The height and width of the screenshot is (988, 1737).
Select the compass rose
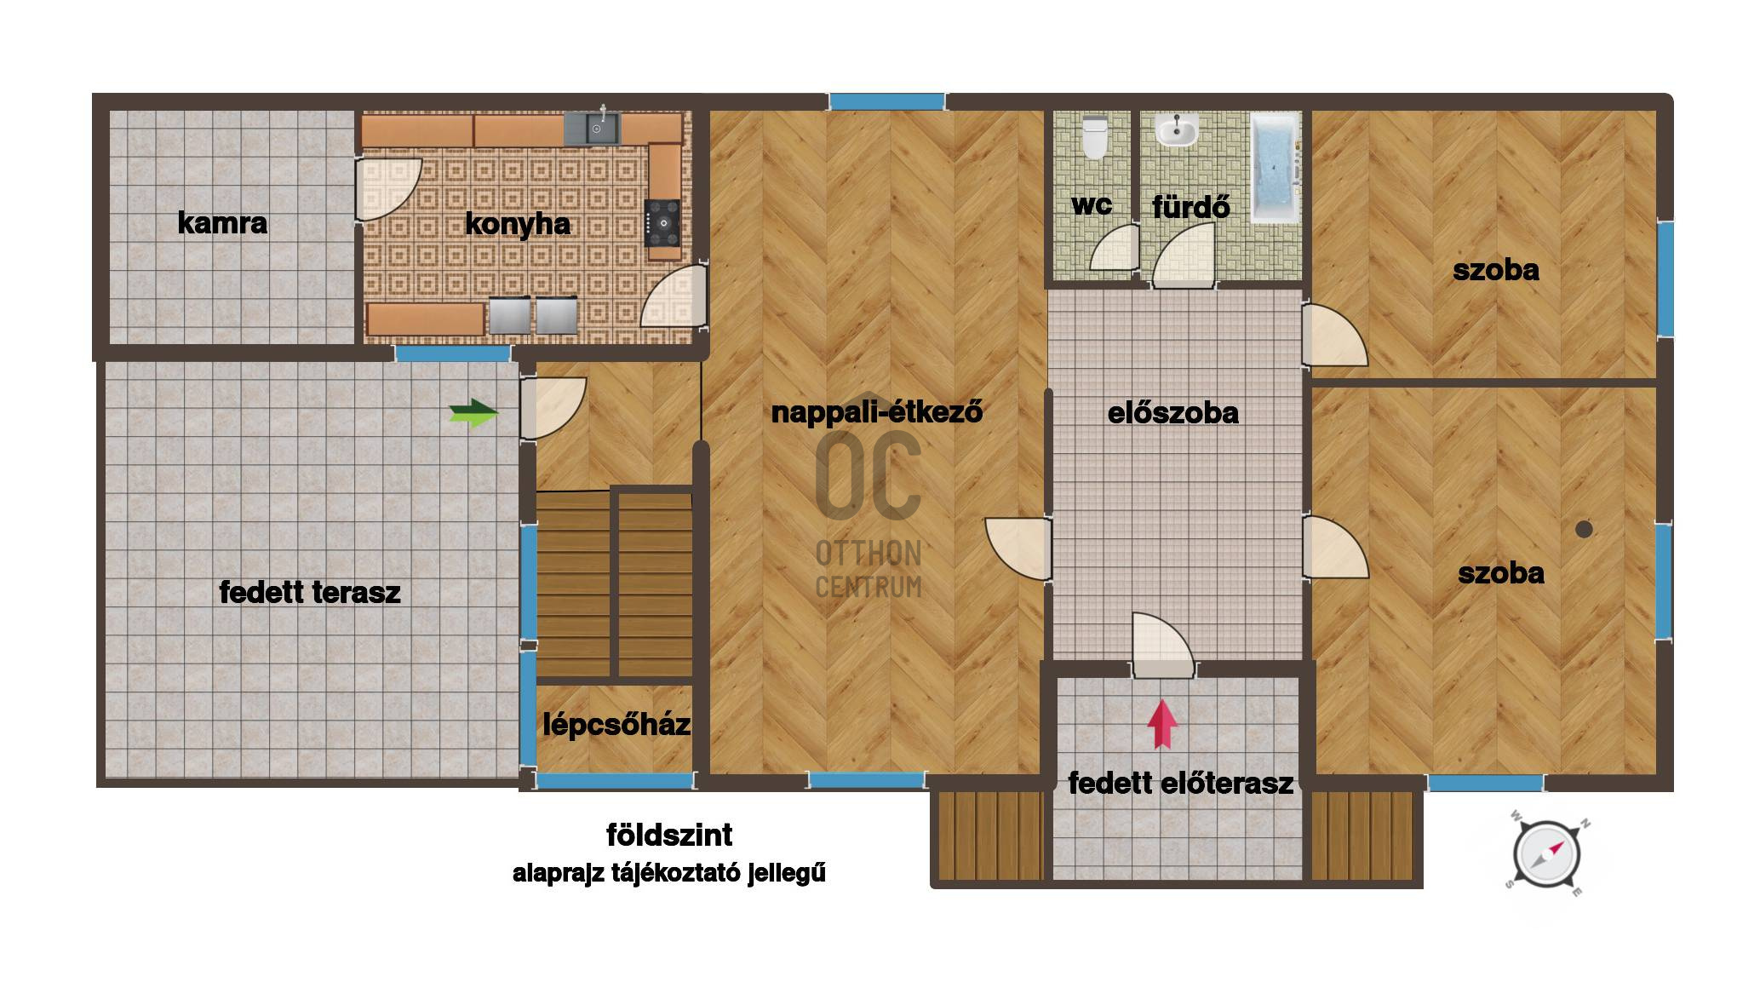pyautogui.click(x=1546, y=855)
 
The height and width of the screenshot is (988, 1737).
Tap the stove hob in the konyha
pyautogui.click(x=662, y=223)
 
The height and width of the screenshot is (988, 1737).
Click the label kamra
pyautogui.click(x=222, y=223)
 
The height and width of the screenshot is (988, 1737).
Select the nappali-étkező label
pyautogui.click(x=877, y=412)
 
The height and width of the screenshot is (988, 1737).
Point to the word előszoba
pyautogui.click(x=1172, y=413)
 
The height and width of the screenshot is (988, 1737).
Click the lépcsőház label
pyautogui.click(x=616, y=725)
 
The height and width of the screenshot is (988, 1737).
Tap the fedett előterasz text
pyautogui.click(x=1181, y=783)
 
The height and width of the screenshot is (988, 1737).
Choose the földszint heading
pyautogui.click(x=669, y=835)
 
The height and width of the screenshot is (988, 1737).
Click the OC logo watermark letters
pyautogui.click(x=868, y=475)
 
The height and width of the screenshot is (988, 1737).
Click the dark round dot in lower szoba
pyautogui.click(x=1584, y=529)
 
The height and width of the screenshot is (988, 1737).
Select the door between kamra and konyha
pyautogui.click(x=388, y=189)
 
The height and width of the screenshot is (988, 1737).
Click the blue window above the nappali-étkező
pyautogui.click(x=887, y=102)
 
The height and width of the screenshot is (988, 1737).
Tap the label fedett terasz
pyautogui.click(x=310, y=592)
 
